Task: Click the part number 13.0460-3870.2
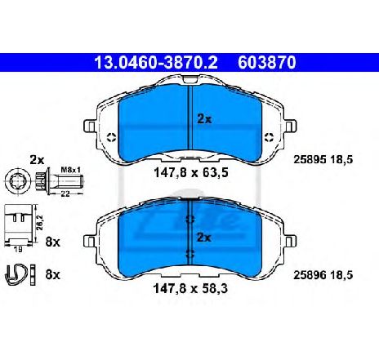point(154,61)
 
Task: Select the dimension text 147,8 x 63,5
point(189,174)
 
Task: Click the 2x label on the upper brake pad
point(203,118)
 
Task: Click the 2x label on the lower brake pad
point(203,238)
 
